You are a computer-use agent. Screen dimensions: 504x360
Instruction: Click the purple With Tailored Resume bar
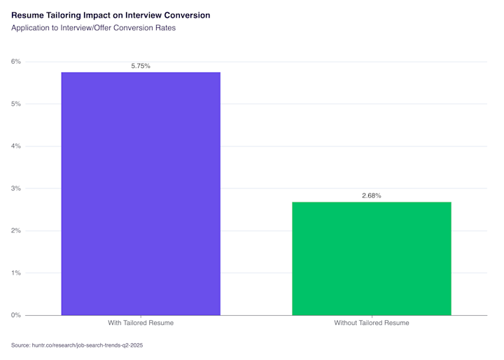click(141, 194)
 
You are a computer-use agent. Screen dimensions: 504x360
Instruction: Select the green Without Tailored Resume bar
click(372, 258)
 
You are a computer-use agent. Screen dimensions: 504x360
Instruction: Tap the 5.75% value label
click(141, 66)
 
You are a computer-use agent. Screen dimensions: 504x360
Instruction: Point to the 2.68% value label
click(372, 195)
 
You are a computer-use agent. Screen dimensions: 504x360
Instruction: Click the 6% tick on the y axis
click(15, 62)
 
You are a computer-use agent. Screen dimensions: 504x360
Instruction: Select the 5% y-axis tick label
click(15, 104)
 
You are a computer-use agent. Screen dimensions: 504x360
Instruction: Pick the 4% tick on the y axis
click(15, 146)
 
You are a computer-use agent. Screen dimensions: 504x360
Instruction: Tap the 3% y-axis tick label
click(15, 188)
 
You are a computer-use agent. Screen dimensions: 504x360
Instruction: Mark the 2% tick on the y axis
click(15, 230)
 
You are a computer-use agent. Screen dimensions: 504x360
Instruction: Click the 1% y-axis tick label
click(16, 273)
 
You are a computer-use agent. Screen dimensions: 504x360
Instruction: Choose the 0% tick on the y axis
click(15, 315)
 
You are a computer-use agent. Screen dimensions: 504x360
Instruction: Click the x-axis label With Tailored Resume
click(141, 323)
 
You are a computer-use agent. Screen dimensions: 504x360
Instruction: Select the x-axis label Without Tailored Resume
click(372, 323)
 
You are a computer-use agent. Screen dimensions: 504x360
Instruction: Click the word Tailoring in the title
click(63, 15)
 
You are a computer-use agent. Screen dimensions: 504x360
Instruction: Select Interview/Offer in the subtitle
click(86, 28)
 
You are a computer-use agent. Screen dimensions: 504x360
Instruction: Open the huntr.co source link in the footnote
click(87, 345)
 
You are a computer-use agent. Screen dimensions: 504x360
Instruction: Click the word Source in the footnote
click(20, 345)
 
